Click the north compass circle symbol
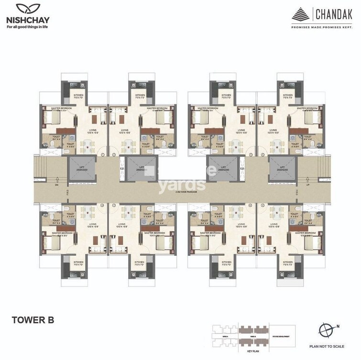tap(327, 330)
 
